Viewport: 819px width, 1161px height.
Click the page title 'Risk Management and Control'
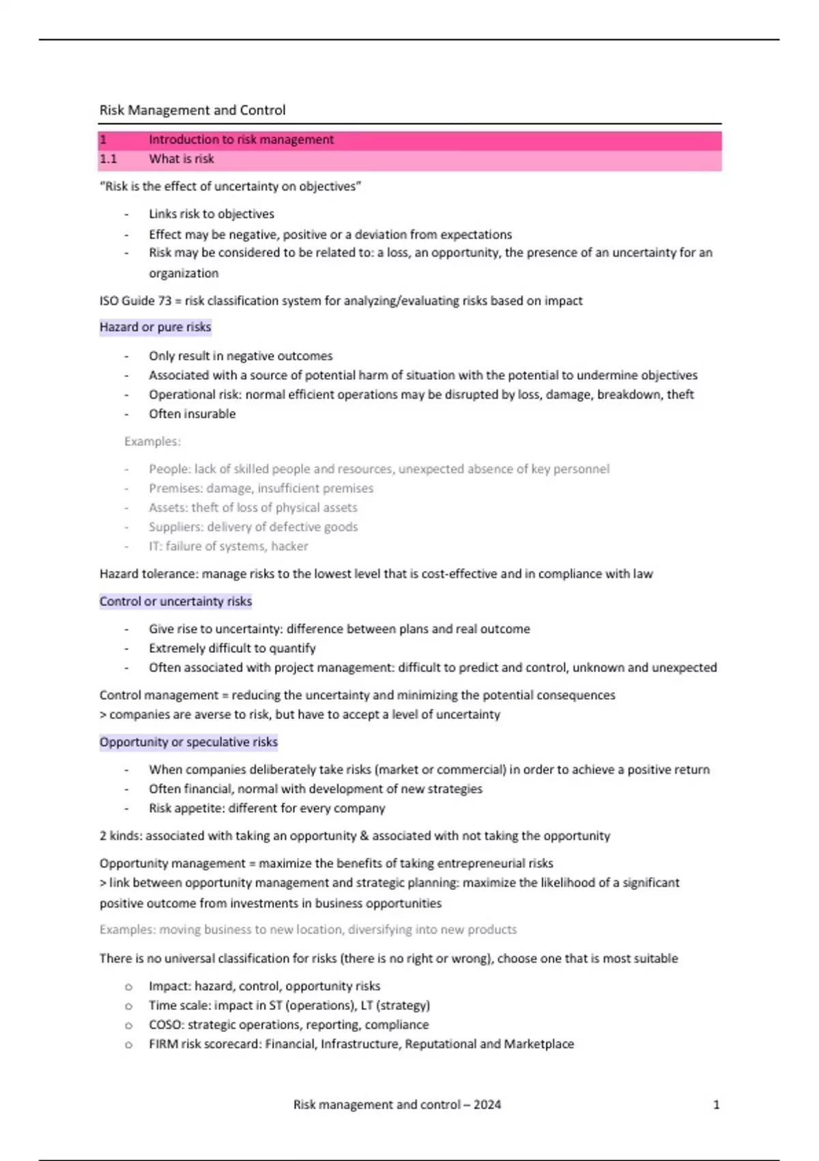tap(192, 110)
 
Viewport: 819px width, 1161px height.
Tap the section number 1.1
tap(109, 159)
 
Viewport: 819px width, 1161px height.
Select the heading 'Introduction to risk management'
tap(241, 140)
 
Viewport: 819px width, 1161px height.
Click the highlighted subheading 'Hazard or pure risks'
tap(155, 327)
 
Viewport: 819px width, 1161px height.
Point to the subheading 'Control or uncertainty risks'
tap(175, 602)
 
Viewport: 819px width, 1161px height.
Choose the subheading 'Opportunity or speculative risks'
tap(188, 742)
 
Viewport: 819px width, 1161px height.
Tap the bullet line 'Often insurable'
tap(192, 414)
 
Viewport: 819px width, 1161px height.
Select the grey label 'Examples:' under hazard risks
tap(152, 442)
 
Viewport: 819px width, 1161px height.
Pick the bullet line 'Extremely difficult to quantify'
tap(232, 648)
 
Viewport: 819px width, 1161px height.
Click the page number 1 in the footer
tap(716, 1105)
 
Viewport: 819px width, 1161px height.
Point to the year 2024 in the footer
tap(487, 1105)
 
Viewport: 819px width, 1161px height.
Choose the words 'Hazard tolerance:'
tap(149, 574)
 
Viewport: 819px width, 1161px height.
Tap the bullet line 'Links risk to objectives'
tap(212, 214)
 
